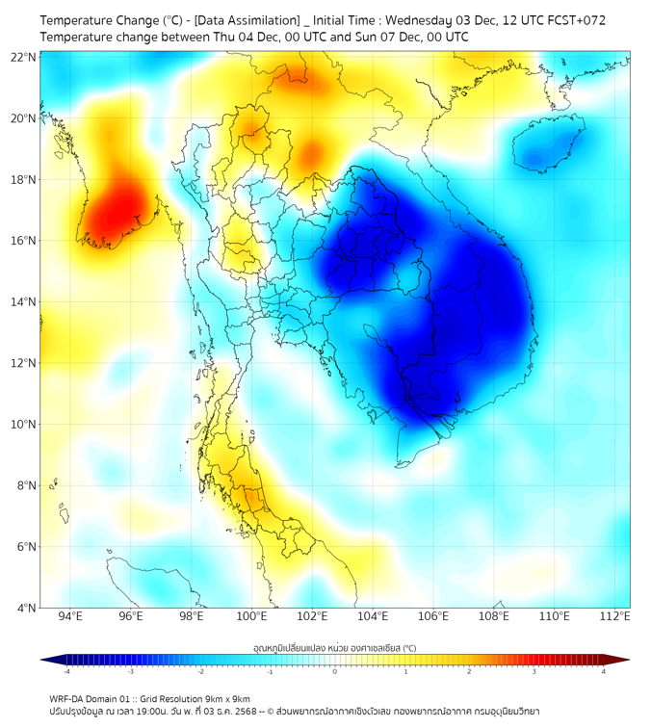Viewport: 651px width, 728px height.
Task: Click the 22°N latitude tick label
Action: [23, 57]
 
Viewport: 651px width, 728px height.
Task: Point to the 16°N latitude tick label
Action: [23, 241]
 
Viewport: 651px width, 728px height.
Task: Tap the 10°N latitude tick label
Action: [23, 425]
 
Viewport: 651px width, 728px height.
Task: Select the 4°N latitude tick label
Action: [26, 608]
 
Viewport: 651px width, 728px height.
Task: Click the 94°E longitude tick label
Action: [70, 616]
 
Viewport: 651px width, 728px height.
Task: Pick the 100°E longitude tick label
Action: [252, 616]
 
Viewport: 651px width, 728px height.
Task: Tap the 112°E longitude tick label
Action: [614, 616]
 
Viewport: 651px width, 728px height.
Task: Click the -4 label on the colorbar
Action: [66, 671]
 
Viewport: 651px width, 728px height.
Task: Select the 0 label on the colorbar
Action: [335, 671]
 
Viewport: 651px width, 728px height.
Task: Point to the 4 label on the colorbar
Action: [603, 671]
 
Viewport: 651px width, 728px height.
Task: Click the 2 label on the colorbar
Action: [469, 671]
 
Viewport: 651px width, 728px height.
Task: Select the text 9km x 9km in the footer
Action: [227, 698]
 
